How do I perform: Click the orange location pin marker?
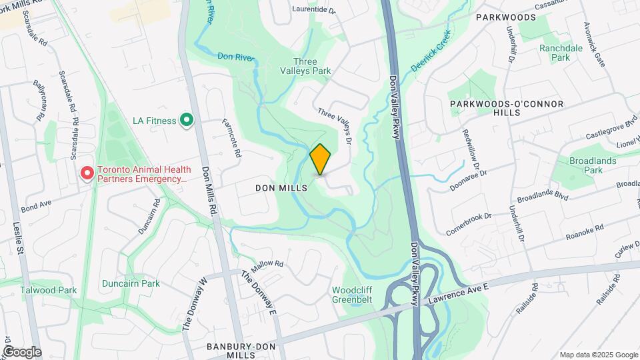click(x=321, y=159)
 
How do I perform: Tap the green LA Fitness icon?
click(x=187, y=121)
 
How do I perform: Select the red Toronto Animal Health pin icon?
click(x=87, y=174)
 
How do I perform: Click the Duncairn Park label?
click(x=131, y=283)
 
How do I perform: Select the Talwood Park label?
click(x=48, y=290)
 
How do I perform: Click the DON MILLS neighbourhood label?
click(x=281, y=189)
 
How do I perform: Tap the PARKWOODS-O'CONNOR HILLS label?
click(x=507, y=108)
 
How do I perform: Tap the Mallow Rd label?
click(x=269, y=264)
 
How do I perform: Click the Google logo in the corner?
click(x=22, y=352)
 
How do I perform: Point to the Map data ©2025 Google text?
click(x=598, y=355)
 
